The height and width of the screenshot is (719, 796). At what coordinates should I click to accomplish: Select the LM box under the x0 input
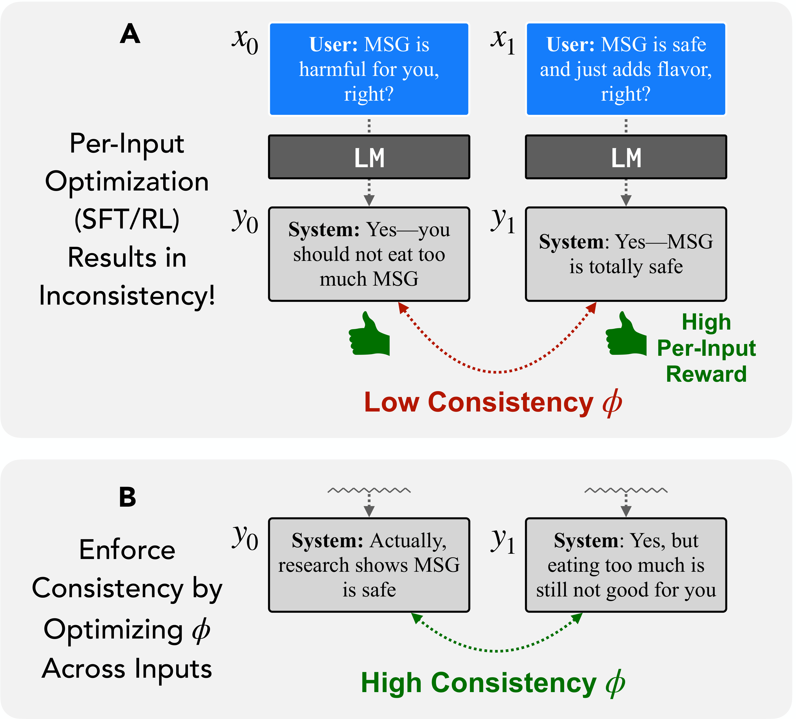coord(369,157)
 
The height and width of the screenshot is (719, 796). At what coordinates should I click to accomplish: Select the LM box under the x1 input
coord(626,157)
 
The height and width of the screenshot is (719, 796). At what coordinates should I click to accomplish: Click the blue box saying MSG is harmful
coord(369,69)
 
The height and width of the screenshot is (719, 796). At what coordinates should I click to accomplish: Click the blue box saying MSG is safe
coord(626,69)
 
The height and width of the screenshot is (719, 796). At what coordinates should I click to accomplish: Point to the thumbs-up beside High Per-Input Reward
coord(626,335)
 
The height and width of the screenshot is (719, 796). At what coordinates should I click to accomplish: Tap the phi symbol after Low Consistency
coord(612,403)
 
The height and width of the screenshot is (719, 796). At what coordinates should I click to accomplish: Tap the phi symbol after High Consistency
coord(615,683)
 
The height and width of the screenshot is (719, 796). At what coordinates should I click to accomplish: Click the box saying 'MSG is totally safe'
coord(626,254)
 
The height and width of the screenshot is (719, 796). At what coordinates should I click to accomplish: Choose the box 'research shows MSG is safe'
coord(369,565)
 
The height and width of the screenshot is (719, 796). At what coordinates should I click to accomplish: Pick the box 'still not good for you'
coord(626,565)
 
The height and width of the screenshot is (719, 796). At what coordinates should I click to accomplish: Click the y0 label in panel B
coord(245,537)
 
